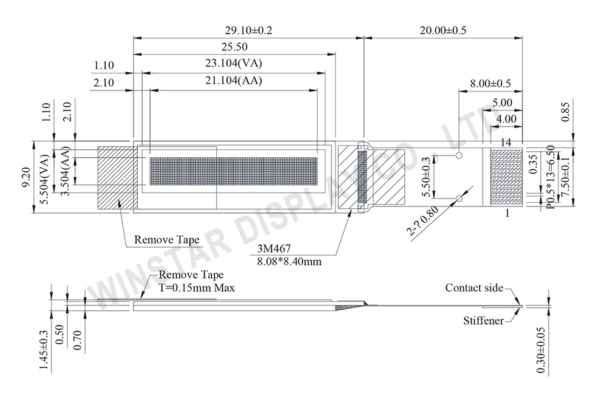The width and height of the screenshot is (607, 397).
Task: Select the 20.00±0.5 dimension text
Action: coord(443,30)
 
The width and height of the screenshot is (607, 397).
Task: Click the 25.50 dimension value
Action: coord(234,47)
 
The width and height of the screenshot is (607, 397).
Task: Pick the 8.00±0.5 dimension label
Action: coord(490,83)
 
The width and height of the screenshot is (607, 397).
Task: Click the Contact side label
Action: coord(474,288)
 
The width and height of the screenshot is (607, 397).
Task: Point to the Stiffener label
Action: coord(483,320)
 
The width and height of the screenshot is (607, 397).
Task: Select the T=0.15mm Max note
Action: coord(197,287)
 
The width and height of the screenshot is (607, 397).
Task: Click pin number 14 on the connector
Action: coord(506,142)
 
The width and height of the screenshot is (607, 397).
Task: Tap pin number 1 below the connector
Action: coord(506,214)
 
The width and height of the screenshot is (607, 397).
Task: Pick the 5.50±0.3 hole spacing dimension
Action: coord(427,177)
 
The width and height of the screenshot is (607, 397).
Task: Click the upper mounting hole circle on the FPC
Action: coord(459,155)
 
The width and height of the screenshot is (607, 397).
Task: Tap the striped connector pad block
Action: coord(506,177)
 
